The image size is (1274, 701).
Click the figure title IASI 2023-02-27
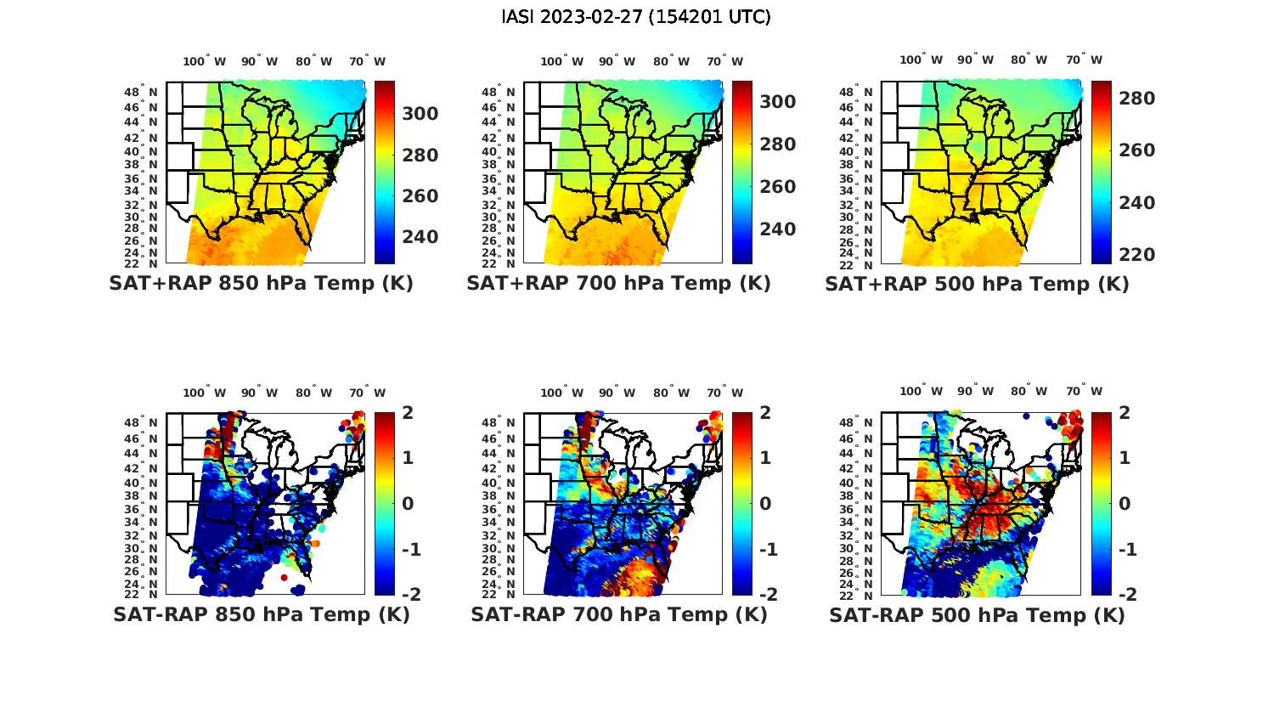[x=636, y=17]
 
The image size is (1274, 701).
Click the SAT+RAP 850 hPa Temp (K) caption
[x=261, y=284]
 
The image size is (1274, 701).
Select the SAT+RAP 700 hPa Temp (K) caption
[x=618, y=284]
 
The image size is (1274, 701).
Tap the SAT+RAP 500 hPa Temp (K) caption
[x=977, y=284]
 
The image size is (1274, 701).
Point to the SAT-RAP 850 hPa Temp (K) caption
[x=261, y=614]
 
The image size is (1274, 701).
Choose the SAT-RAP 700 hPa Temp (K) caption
[x=619, y=614]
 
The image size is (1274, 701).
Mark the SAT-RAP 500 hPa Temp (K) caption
[x=977, y=614]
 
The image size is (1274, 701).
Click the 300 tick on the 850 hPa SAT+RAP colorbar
[x=420, y=114]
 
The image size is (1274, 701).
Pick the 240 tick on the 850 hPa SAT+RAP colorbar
[x=420, y=236]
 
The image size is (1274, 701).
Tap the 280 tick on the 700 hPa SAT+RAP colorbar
[x=777, y=144]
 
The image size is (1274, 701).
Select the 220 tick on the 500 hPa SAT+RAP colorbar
[x=1138, y=254]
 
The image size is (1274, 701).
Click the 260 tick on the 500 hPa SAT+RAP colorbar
[x=1138, y=150]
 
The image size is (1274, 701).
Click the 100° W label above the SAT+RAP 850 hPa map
[x=204, y=61]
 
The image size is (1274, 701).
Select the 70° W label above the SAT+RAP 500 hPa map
[x=1085, y=60]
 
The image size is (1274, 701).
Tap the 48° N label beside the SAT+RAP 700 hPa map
[x=499, y=92]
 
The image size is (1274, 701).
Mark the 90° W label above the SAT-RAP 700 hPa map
[x=617, y=393]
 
